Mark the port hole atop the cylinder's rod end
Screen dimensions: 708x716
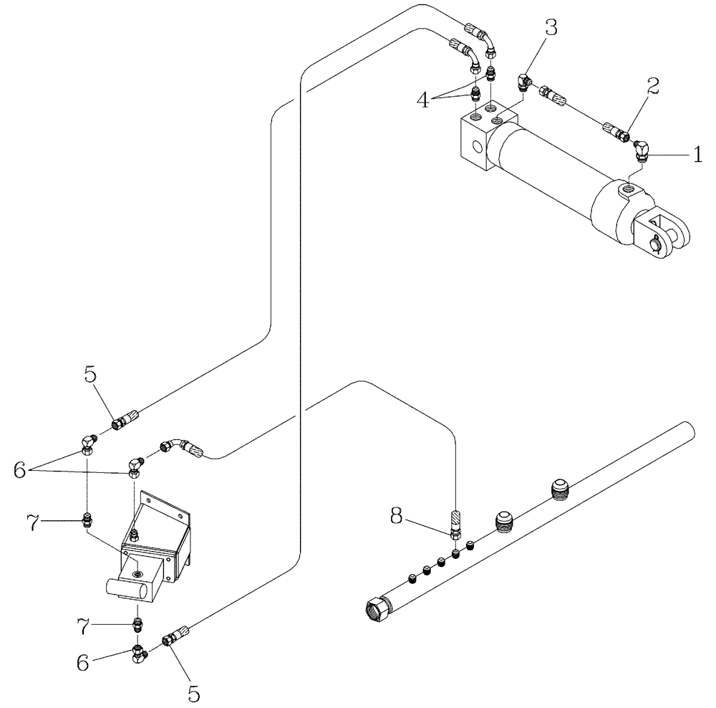628,189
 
